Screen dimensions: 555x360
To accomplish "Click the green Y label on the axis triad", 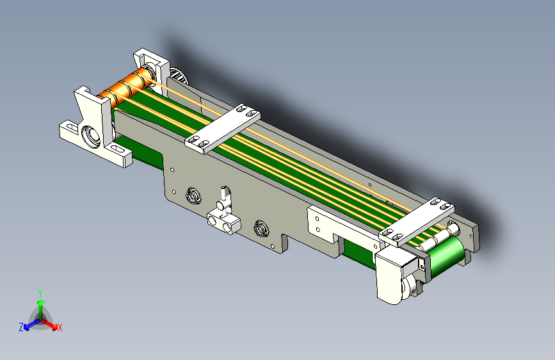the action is coord(40,293).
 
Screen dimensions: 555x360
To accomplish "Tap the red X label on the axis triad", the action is coord(60,327).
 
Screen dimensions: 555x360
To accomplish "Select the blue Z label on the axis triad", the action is coord(21,327).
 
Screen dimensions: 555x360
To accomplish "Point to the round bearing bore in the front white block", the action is coord(91,136).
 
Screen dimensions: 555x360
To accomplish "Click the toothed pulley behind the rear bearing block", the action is coord(179,74).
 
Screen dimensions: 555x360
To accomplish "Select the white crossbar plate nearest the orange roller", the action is coord(223,129).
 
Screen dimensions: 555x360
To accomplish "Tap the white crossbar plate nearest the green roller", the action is coord(416,222).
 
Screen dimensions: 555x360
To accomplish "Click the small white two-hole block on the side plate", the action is coord(223,222).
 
